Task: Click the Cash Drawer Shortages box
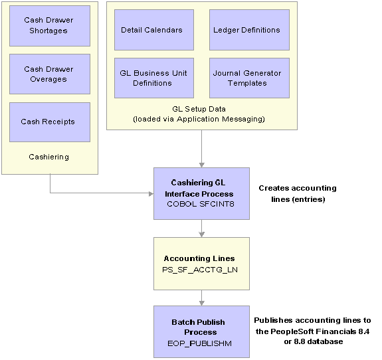pos(50,26)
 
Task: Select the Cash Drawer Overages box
pos(50,74)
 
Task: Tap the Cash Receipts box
pos(50,122)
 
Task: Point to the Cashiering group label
pos(48,157)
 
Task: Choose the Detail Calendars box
pos(154,30)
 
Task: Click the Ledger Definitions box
pos(250,30)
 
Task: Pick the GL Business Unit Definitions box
pos(154,78)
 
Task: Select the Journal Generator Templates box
pos(250,78)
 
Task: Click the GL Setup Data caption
pos(199,114)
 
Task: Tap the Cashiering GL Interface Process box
pos(201,193)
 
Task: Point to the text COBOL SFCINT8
pos(201,204)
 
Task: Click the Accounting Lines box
pos(201,264)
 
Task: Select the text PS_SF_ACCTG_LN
pos(200,270)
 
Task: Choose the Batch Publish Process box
pos(201,331)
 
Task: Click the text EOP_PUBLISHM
pos(199,343)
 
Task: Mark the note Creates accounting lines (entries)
pos(298,194)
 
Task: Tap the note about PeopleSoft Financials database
pos(312,331)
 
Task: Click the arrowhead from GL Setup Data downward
pos(202,165)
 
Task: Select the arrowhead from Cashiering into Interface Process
pos(151,194)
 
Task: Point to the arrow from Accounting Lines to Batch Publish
pos(202,298)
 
